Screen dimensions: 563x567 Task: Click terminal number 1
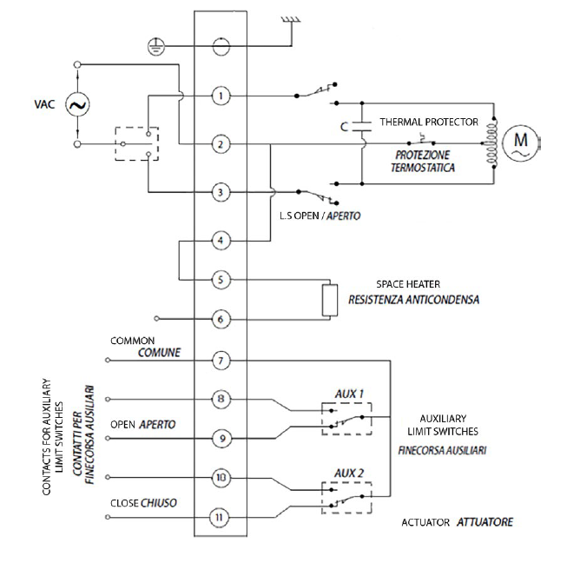(223, 96)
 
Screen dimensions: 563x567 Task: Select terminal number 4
(223, 239)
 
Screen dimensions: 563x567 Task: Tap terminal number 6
(223, 320)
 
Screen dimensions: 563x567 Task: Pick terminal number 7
(223, 359)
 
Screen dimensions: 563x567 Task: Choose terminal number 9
(223, 439)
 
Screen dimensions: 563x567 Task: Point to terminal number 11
(223, 518)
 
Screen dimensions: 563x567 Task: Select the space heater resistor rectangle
(329, 300)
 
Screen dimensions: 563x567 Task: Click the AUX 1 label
(347, 393)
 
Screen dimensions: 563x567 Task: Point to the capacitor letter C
(346, 127)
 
